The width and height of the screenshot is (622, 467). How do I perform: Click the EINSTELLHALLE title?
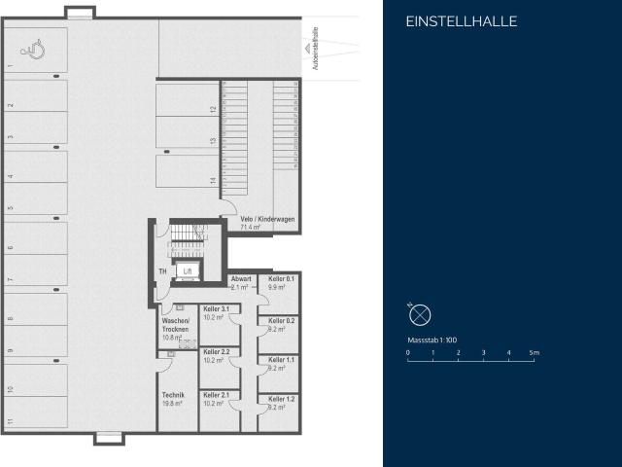pos(461,21)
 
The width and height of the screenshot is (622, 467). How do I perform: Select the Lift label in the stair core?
pos(188,271)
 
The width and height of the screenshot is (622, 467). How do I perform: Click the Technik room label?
pos(173,394)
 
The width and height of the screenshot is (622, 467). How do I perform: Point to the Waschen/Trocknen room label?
pos(175,324)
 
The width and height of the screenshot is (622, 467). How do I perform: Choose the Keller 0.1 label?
pos(282,279)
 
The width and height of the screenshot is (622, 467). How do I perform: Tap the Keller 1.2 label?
pos(282,399)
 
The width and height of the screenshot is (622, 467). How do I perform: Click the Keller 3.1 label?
pos(216,308)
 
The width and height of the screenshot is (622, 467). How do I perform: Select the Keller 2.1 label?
pos(216,394)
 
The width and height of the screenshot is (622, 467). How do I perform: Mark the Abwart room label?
pos(241,279)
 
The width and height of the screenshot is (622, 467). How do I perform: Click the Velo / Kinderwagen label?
pos(267,219)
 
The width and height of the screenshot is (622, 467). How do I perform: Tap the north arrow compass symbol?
pos(419,314)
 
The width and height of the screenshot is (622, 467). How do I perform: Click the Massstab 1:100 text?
pos(432,341)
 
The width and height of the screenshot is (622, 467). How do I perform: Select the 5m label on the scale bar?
pos(534,351)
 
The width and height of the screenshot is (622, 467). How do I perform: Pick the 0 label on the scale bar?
pos(408,351)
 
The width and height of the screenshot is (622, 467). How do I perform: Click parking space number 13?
pos(213,141)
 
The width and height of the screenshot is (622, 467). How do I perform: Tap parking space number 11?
pos(10,421)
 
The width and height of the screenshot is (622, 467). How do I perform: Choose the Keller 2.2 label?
pos(216,351)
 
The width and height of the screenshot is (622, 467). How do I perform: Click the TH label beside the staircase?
pos(162,271)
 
